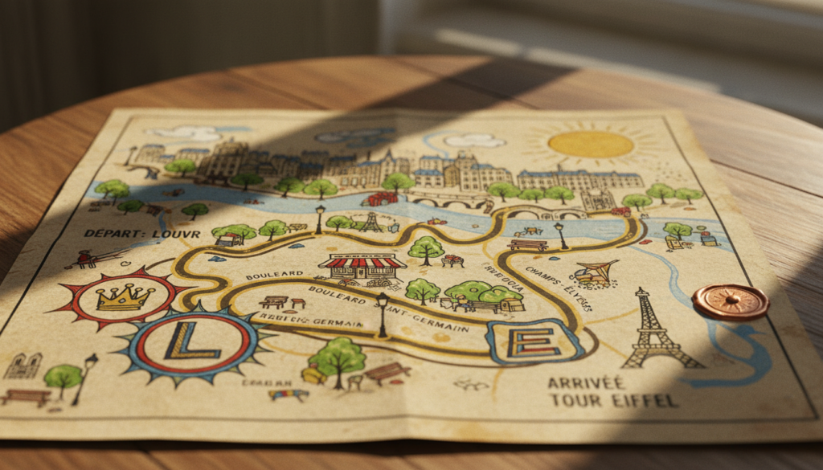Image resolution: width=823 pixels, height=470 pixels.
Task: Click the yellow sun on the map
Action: click(x=591, y=144)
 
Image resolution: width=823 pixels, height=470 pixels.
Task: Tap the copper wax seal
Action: click(x=730, y=302)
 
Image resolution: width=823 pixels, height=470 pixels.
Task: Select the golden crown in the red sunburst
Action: click(x=125, y=297)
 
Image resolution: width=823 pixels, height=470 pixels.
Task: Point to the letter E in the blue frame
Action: click(x=534, y=341)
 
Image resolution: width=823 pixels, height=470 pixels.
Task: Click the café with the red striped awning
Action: click(x=362, y=268)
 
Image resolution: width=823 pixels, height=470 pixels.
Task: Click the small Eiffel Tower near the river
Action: click(x=370, y=222)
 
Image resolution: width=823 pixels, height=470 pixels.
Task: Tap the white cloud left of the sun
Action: click(x=473, y=141)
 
